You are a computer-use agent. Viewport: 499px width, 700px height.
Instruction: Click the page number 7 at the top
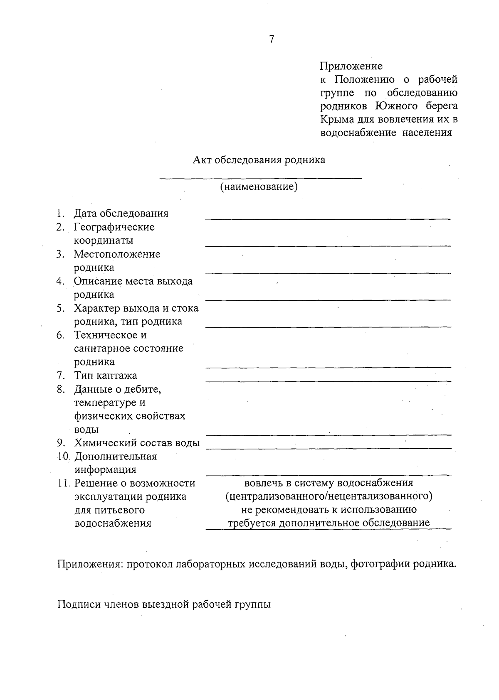(272, 39)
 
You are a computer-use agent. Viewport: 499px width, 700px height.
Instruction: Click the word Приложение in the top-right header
(351, 66)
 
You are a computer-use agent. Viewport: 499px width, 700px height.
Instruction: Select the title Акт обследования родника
(259, 160)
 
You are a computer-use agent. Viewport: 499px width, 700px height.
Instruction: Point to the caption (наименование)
(259, 187)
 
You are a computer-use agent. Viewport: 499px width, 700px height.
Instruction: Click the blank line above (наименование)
(261, 179)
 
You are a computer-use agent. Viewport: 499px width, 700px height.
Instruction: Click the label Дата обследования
(121, 214)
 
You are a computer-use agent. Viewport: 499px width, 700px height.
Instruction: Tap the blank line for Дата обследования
(328, 218)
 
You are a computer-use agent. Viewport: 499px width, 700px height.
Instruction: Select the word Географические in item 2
(114, 227)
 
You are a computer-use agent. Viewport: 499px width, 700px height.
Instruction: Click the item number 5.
(61, 308)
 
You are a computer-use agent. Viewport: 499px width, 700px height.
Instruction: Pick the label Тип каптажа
(106, 376)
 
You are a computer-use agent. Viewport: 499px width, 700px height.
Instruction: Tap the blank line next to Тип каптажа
(328, 381)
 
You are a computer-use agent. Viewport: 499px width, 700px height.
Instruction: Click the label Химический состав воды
(137, 443)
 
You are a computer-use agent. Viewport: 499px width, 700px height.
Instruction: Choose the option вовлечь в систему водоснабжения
(329, 483)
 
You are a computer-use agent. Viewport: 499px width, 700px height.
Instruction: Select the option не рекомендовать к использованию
(329, 509)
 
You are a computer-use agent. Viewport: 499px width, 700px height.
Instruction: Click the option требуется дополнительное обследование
(329, 523)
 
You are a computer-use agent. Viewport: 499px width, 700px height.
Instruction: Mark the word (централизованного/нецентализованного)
(329, 496)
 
